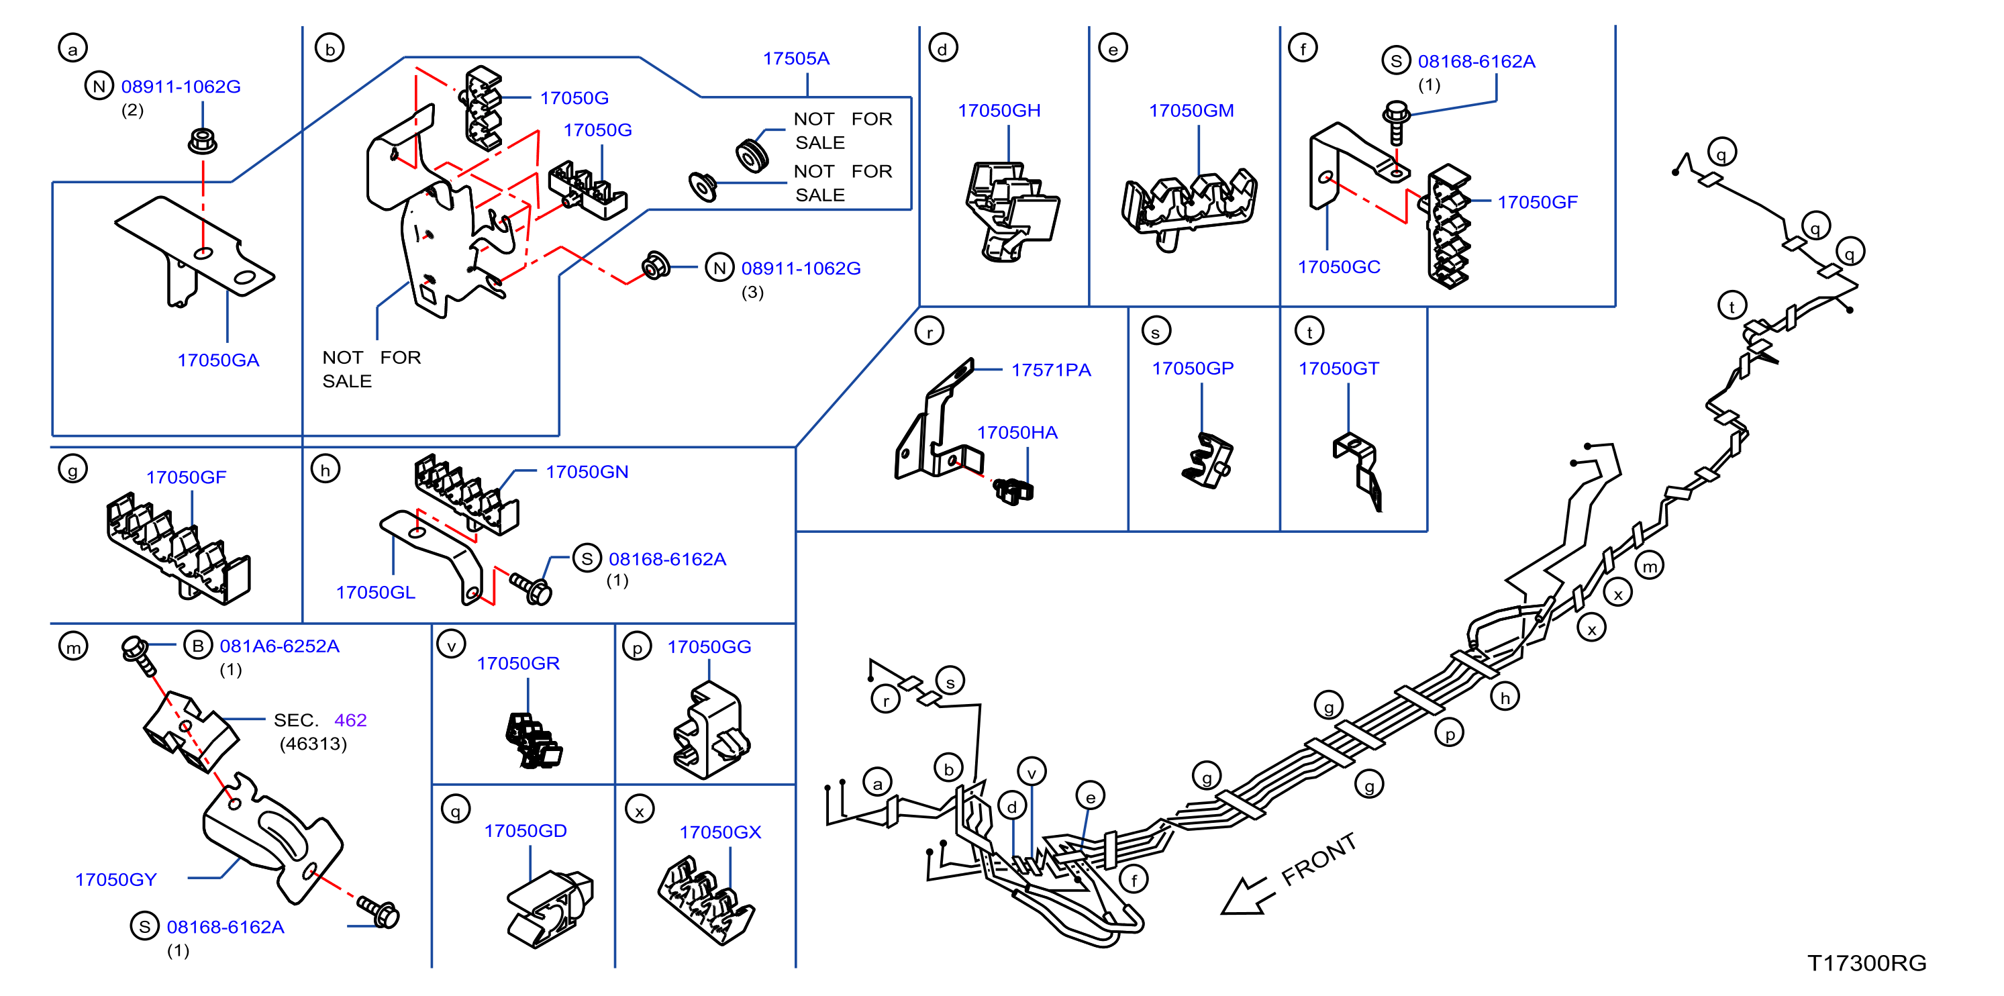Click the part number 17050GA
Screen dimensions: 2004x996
(x=218, y=360)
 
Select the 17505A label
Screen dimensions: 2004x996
(x=796, y=58)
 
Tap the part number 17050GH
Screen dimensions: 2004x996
(x=999, y=111)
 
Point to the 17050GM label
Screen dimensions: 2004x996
(x=1191, y=111)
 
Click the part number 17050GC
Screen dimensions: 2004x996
(x=1339, y=267)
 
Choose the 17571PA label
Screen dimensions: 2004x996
(x=1050, y=370)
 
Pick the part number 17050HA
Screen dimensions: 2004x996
(x=1017, y=433)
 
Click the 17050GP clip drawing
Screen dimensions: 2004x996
(x=1207, y=460)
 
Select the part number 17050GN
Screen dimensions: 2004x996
(x=587, y=472)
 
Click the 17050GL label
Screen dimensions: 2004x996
(x=375, y=592)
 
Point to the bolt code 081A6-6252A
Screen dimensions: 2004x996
(x=279, y=646)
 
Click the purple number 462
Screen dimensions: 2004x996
(x=350, y=719)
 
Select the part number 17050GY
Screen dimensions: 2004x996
(x=116, y=879)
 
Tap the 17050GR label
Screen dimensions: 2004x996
(x=518, y=663)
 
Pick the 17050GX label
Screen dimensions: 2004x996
(x=719, y=832)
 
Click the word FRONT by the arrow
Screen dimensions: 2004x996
(x=1319, y=859)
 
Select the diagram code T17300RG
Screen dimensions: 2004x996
(x=1866, y=963)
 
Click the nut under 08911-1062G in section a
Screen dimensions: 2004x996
(x=202, y=141)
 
